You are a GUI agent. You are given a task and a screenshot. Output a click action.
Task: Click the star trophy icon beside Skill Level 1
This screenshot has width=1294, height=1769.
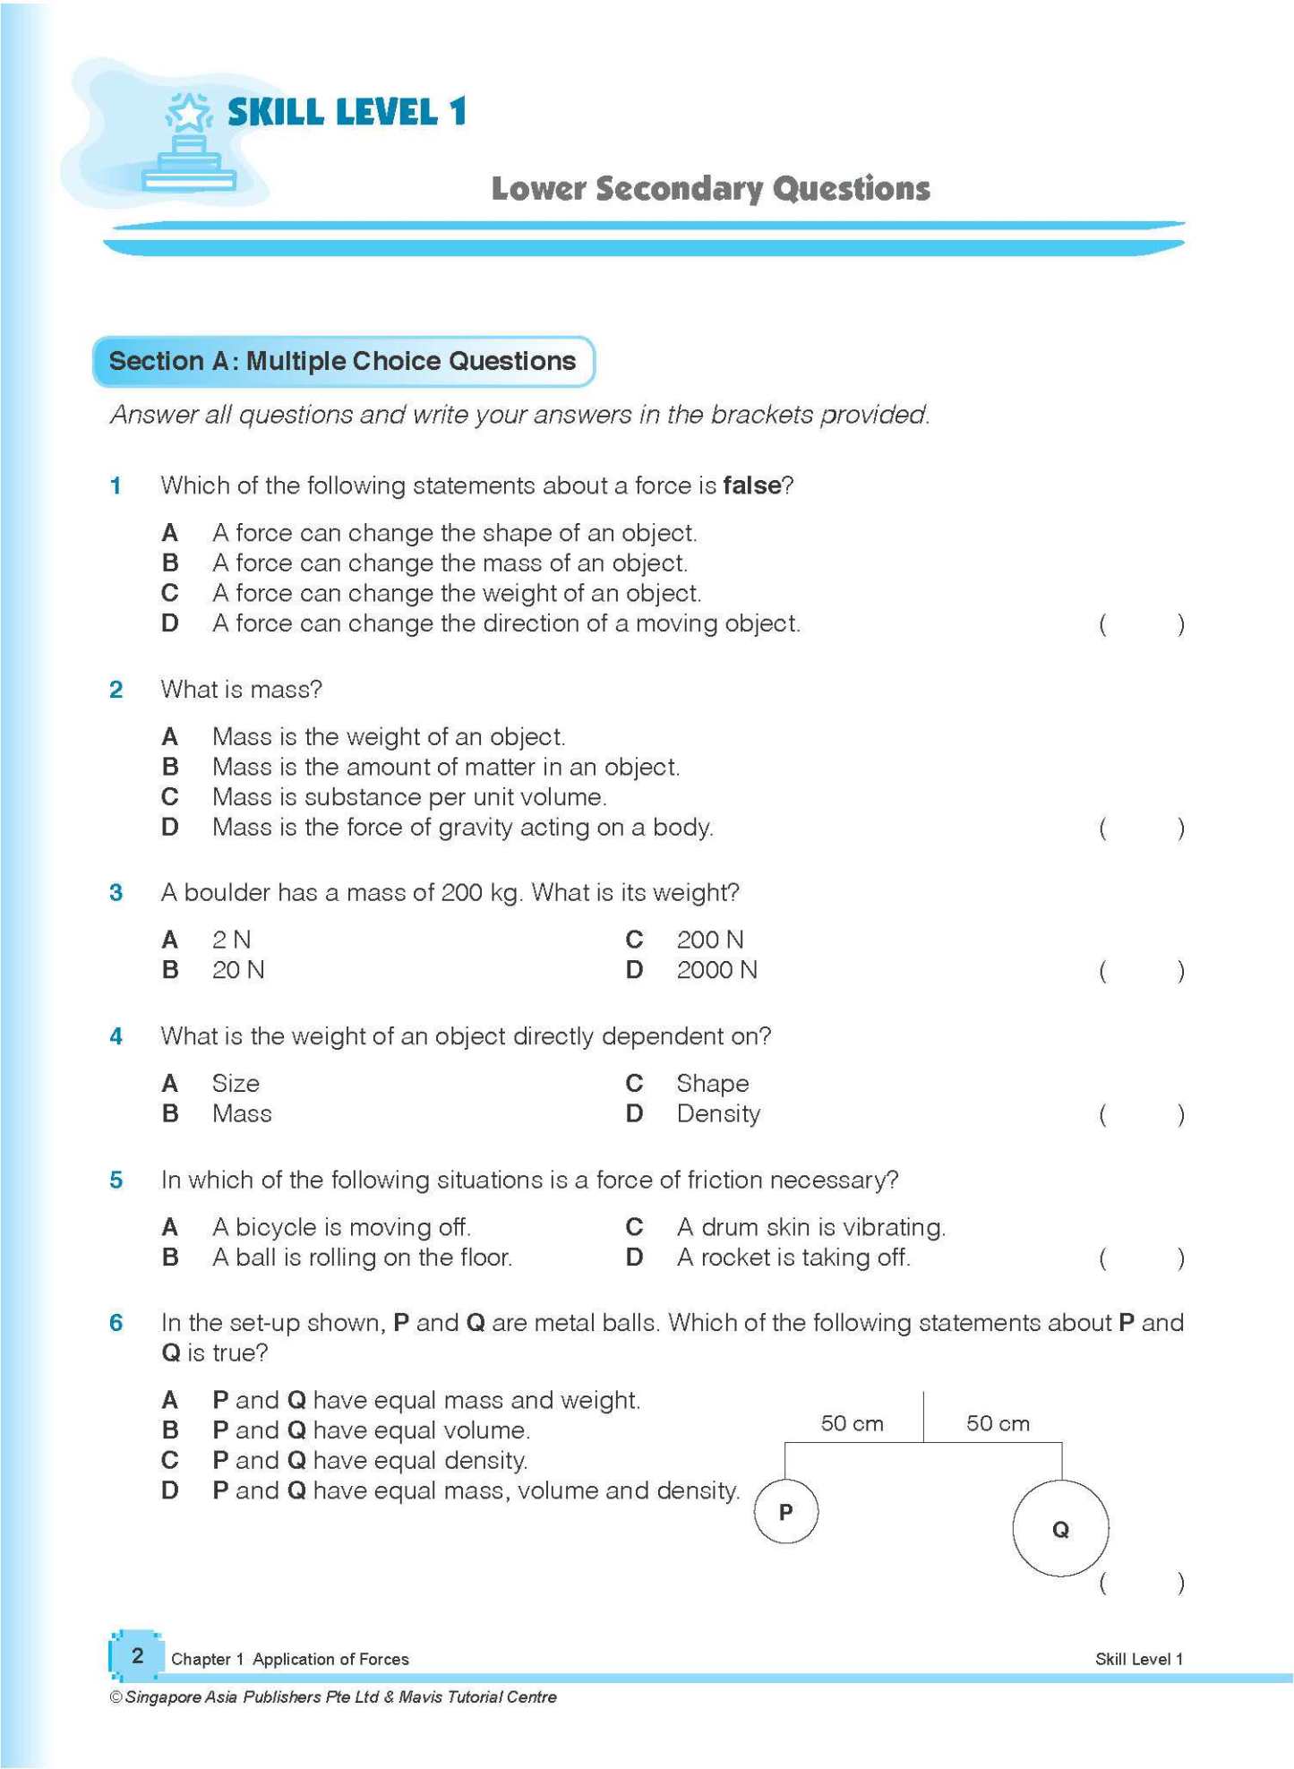[189, 143]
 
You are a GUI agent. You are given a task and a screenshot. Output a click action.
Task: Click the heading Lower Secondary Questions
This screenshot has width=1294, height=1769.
[710, 189]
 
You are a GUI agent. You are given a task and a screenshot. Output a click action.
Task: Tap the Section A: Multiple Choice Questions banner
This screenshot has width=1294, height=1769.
[343, 361]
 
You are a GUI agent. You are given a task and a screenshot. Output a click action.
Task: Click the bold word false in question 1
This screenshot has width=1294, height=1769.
[751, 485]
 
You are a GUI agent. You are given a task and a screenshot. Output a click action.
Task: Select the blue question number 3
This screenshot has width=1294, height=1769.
[116, 893]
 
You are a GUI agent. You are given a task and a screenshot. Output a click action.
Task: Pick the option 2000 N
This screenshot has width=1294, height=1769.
[716, 970]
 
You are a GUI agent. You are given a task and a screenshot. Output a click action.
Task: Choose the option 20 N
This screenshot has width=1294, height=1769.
[238, 970]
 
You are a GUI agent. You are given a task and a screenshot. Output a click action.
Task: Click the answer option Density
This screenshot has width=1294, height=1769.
[718, 1114]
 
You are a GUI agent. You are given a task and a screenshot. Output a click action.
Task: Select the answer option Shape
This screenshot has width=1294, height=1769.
[712, 1084]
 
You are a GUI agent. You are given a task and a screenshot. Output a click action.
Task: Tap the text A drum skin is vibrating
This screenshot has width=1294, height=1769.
[810, 1227]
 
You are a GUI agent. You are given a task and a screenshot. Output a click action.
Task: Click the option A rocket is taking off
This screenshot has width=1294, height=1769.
[793, 1258]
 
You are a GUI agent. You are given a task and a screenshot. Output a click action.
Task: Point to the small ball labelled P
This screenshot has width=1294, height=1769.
[785, 1512]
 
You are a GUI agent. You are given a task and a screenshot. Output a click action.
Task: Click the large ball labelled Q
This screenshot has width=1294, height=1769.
[1060, 1529]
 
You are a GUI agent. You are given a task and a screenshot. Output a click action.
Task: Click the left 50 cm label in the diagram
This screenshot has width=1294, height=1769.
[852, 1423]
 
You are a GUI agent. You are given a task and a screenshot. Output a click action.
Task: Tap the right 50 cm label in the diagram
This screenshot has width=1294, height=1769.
[998, 1423]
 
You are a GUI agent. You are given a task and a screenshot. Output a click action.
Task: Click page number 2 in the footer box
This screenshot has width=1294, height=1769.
[137, 1655]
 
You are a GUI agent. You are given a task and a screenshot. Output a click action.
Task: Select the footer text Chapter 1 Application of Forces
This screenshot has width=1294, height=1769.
[289, 1659]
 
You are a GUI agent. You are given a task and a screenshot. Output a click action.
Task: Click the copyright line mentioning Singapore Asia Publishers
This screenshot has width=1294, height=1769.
[332, 1696]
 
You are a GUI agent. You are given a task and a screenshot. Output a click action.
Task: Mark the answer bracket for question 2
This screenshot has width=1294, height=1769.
[1142, 828]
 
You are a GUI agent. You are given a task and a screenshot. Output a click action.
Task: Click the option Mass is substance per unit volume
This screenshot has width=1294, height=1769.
[409, 797]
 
